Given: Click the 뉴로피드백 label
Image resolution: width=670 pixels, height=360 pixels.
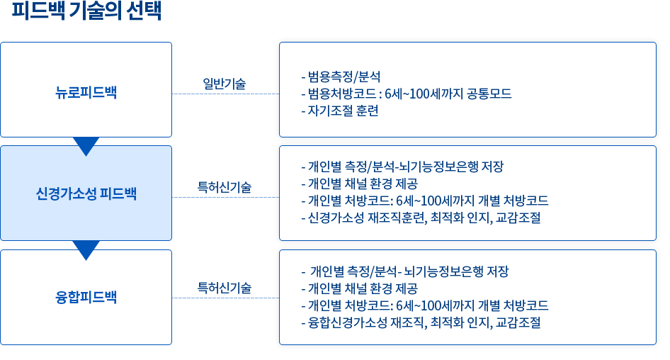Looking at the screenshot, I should click(x=86, y=91).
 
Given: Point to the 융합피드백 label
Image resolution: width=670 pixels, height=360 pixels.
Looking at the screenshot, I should click(x=86, y=298).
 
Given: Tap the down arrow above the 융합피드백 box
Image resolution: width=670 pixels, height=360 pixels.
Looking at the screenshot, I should click(x=86, y=251).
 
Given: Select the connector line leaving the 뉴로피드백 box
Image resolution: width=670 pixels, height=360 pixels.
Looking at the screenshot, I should click(x=225, y=93).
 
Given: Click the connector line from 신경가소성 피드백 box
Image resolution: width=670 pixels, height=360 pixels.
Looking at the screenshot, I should click(x=225, y=197).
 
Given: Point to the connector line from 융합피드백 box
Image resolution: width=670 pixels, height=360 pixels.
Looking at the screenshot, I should click(x=225, y=298).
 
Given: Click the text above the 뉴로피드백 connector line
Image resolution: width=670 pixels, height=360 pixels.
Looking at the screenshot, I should click(x=225, y=84).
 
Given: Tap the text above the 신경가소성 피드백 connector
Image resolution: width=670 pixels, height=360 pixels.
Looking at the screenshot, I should click(x=224, y=188).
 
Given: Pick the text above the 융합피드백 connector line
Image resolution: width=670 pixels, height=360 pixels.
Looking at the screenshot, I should click(x=224, y=288).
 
